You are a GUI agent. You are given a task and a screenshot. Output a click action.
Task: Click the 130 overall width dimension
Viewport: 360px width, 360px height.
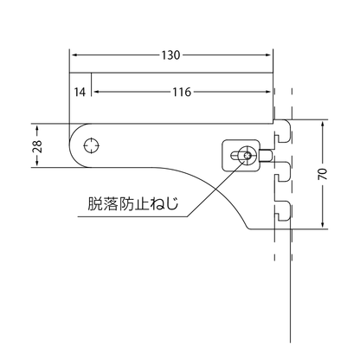click(170, 55)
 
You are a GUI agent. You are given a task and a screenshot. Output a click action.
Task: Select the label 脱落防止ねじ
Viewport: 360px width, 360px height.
click(133, 204)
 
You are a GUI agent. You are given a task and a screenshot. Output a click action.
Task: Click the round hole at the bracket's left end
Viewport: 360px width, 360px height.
click(90, 145)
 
